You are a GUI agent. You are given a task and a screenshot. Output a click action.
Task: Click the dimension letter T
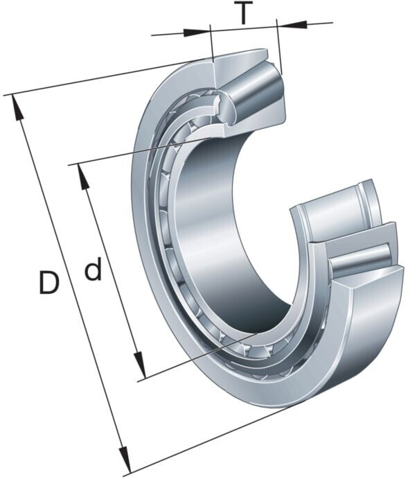coord(242,12)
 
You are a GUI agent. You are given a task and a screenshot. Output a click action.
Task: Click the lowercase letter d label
coord(93,269)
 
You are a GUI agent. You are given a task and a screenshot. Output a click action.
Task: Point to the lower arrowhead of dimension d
coord(139,365)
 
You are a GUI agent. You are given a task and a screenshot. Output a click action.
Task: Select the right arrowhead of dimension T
coord(292,24)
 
